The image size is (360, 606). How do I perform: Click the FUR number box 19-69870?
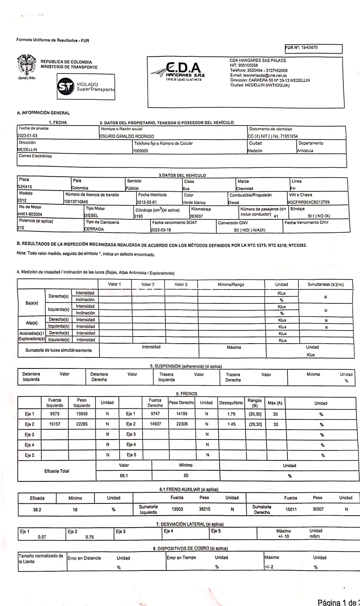(x=313, y=49)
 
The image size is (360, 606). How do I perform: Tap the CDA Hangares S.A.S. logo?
(x=178, y=71)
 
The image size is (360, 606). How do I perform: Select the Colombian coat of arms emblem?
(x=26, y=65)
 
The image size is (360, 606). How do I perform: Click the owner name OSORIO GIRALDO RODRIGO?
(x=127, y=136)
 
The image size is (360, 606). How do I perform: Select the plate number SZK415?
(x=25, y=187)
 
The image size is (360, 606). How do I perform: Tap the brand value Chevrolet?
(x=245, y=189)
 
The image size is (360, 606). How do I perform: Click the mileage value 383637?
(x=196, y=216)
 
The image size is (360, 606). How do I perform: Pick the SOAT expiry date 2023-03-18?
(x=161, y=230)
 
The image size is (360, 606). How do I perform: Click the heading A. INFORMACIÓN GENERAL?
(x=43, y=113)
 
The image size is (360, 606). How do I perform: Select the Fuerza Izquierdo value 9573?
(x=54, y=414)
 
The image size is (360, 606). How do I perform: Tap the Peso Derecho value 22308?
(x=182, y=424)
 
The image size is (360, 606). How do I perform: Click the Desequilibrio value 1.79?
(x=231, y=414)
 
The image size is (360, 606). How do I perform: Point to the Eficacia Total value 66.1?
(x=124, y=475)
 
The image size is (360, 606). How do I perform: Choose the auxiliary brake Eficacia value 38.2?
(x=37, y=509)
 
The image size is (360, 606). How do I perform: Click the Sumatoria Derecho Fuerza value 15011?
(x=291, y=509)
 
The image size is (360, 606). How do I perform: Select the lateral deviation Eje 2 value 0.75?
(x=90, y=537)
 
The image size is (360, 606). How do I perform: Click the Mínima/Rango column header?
(x=231, y=284)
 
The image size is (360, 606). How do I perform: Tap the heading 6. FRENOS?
(x=186, y=393)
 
